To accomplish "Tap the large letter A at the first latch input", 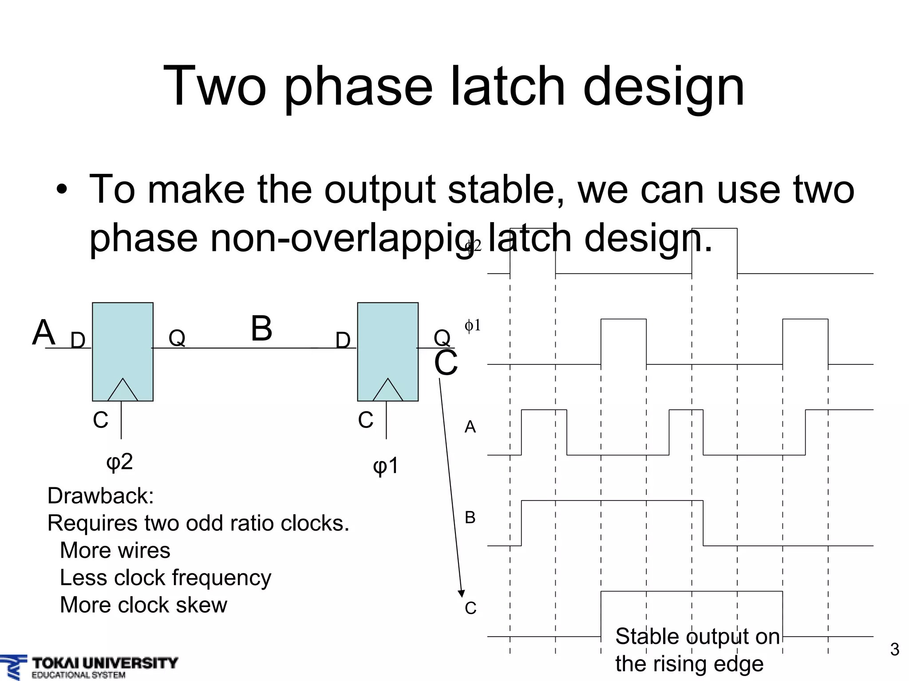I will pyautogui.click(x=43, y=333).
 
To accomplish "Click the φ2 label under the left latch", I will pyautogui.click(x=119, y=462).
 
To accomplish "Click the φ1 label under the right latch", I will pyautogui.click(x=386, y=466).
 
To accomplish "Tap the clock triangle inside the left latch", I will pyautogui.click(x=123, y=391).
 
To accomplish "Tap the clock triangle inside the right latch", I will pyautogui.click(x=387, y=391).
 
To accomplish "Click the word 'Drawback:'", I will pyautogui.click(x=100, y=496).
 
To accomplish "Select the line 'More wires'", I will pyautogui.click(x=115, y=550).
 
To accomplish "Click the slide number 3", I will pyautogui.click(x=894, y=650).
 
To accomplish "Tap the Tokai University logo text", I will pyautogui.click(x=105, y=663).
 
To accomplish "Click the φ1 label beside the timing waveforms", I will pyautogui.click(x=472, y=326).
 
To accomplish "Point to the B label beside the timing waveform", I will pyautogui.click(x=470, y=517).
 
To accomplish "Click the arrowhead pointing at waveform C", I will pyautogui.click(x=461, y=594).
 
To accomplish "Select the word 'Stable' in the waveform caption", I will pyautogui.click(x=648, y=637).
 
